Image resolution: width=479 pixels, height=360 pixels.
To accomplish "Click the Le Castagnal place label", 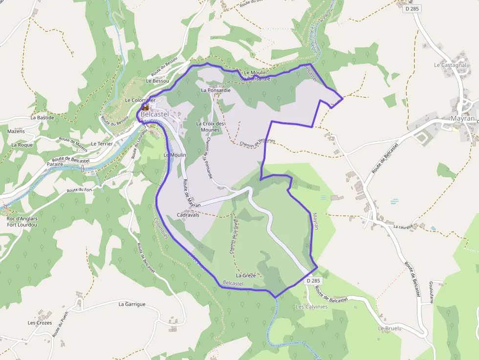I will click(450, 65).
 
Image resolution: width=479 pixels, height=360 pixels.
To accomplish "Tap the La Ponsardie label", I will click(216, 90).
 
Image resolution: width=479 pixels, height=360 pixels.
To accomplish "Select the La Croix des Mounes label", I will click(211, 127).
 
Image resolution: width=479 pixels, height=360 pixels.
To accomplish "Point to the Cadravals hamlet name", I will click(188, 215).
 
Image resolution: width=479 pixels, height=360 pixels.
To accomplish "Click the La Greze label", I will click(246, 275).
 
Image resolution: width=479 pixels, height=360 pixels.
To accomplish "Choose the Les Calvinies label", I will click(311, 307).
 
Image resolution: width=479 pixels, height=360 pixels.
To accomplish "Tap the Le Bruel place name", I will click(389, 329).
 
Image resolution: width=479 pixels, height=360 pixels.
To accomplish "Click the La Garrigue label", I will click(132, 304).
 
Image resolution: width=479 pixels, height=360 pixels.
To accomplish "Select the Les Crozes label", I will click(40, 323).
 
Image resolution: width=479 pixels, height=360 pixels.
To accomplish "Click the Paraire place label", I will click(55, 165).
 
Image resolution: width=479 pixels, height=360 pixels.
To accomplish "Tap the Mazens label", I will click(16, 131).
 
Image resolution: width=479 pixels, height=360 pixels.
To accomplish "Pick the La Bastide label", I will click(42, 118).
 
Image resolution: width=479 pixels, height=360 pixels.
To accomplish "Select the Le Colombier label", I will click(140, 100).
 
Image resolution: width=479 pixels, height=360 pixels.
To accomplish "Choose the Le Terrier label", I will click(102, 144).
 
